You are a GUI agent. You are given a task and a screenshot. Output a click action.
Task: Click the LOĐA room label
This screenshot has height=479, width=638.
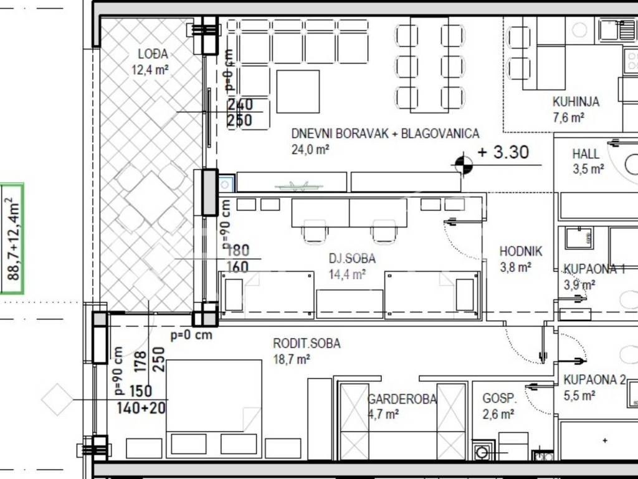153,54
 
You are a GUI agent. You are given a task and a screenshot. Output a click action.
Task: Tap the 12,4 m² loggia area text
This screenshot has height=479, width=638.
150,70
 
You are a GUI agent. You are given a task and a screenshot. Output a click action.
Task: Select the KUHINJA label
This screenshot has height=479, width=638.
576,102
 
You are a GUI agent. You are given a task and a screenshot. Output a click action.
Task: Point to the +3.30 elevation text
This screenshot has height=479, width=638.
503,152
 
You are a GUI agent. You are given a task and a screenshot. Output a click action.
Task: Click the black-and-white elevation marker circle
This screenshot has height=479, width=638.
463,165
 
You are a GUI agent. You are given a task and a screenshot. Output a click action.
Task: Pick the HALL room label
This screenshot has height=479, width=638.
586,154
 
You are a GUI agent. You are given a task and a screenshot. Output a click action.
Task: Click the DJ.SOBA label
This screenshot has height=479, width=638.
352,258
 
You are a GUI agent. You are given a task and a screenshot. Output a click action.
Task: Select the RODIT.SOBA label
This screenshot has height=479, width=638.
307,344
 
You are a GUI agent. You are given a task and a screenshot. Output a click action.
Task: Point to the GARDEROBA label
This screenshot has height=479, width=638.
402,399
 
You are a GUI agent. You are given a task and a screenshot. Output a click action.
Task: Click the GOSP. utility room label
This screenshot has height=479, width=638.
499,398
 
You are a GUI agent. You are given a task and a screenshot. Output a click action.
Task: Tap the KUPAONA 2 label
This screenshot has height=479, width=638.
594,380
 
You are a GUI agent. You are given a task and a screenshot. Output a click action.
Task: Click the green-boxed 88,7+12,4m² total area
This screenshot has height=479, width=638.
14,239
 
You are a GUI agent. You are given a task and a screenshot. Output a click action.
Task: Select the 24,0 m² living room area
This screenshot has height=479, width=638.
310,150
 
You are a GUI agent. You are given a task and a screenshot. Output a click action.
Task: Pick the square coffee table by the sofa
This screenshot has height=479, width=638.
298,91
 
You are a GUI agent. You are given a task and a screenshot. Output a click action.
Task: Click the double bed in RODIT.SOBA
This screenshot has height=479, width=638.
214,395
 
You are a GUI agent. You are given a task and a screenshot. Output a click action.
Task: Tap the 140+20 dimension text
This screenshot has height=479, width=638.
141,408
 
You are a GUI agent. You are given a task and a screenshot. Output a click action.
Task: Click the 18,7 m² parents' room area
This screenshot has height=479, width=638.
292,359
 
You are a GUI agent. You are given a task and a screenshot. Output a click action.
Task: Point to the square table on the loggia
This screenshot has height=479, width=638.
151,198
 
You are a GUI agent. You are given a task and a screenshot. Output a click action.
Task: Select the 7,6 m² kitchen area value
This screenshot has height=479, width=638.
568,118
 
